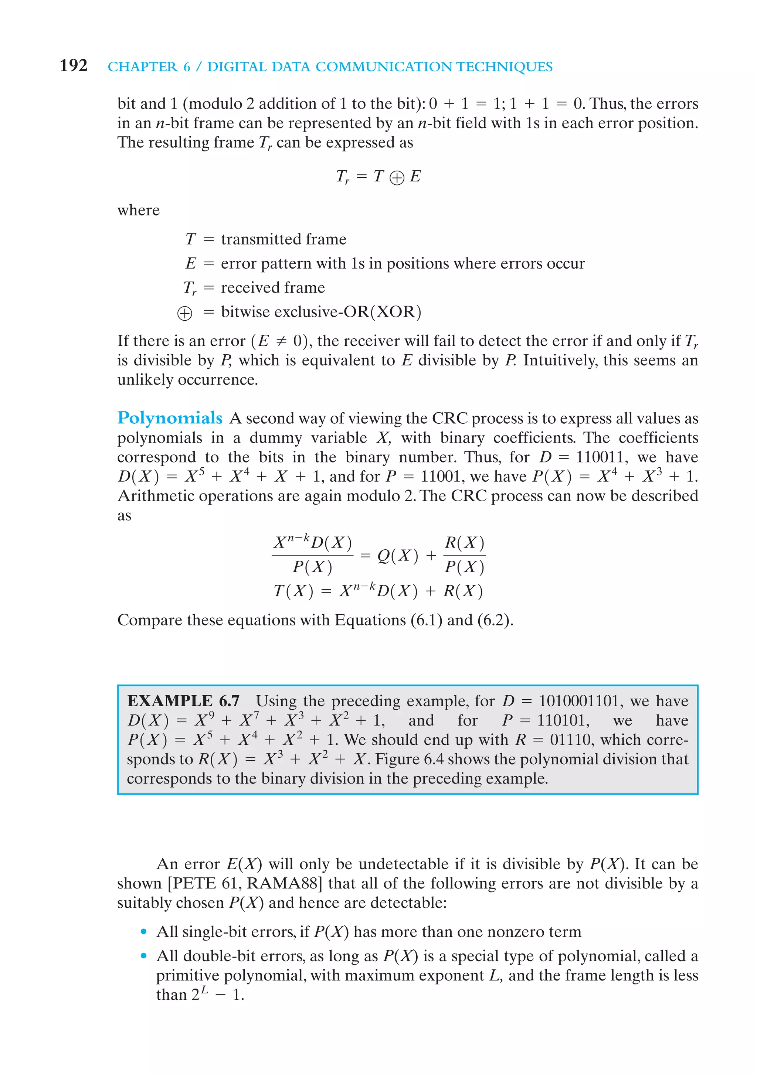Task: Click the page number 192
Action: [74, 65]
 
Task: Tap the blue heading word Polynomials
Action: [170, 418]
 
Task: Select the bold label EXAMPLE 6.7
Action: [183, 701]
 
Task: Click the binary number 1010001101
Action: [580, 701]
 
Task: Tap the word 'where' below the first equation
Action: [138, 210]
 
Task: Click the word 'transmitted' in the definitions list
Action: [262, 239]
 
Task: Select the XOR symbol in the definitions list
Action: [184, 313]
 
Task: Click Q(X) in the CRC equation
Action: [397, 556]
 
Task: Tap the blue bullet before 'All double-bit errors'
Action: [144, 956]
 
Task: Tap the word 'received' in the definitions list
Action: [247, 287]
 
